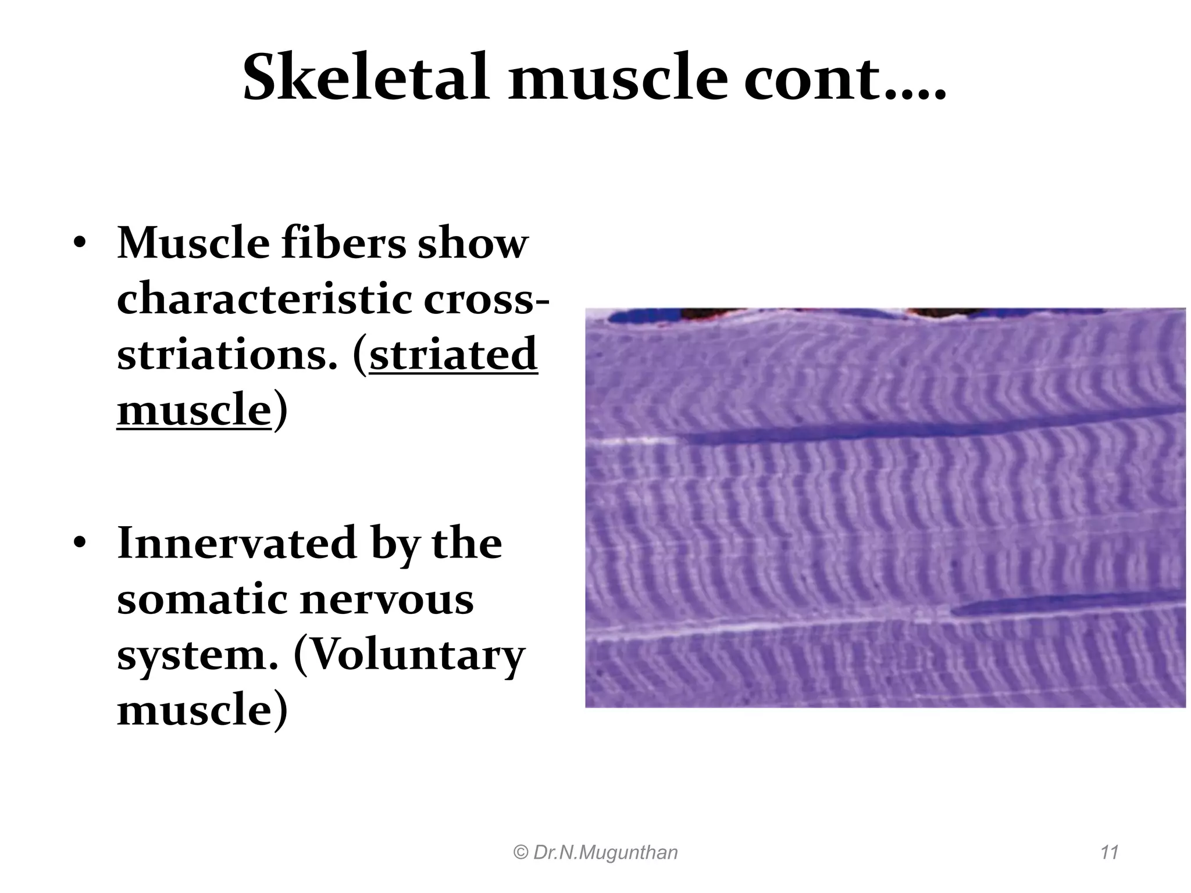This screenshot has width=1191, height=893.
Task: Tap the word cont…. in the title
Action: [x=844, y=78]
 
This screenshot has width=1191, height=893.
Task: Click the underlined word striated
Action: [x=453, y=354]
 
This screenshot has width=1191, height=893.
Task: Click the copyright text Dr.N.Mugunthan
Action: [x=596, y=852]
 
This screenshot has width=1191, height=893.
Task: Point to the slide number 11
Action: [x=1110, y=852]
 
